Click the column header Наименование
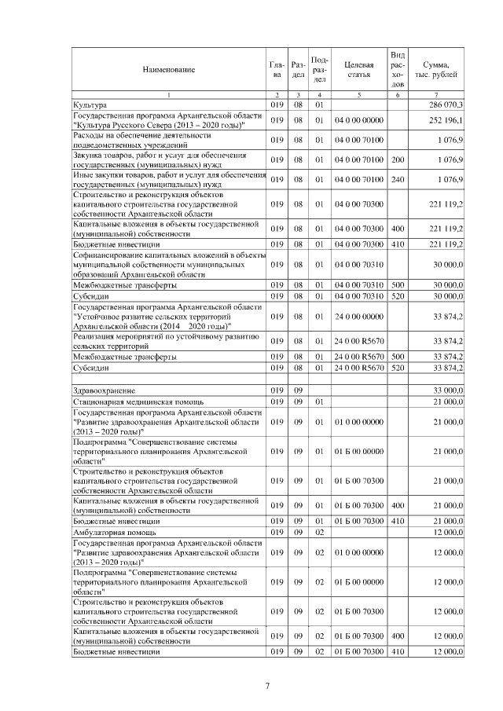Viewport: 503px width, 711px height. (168, 70)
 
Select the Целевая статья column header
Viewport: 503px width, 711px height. (358, 70)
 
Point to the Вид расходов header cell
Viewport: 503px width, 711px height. (398, 69)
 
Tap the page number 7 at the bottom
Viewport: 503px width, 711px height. (267, 686)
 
